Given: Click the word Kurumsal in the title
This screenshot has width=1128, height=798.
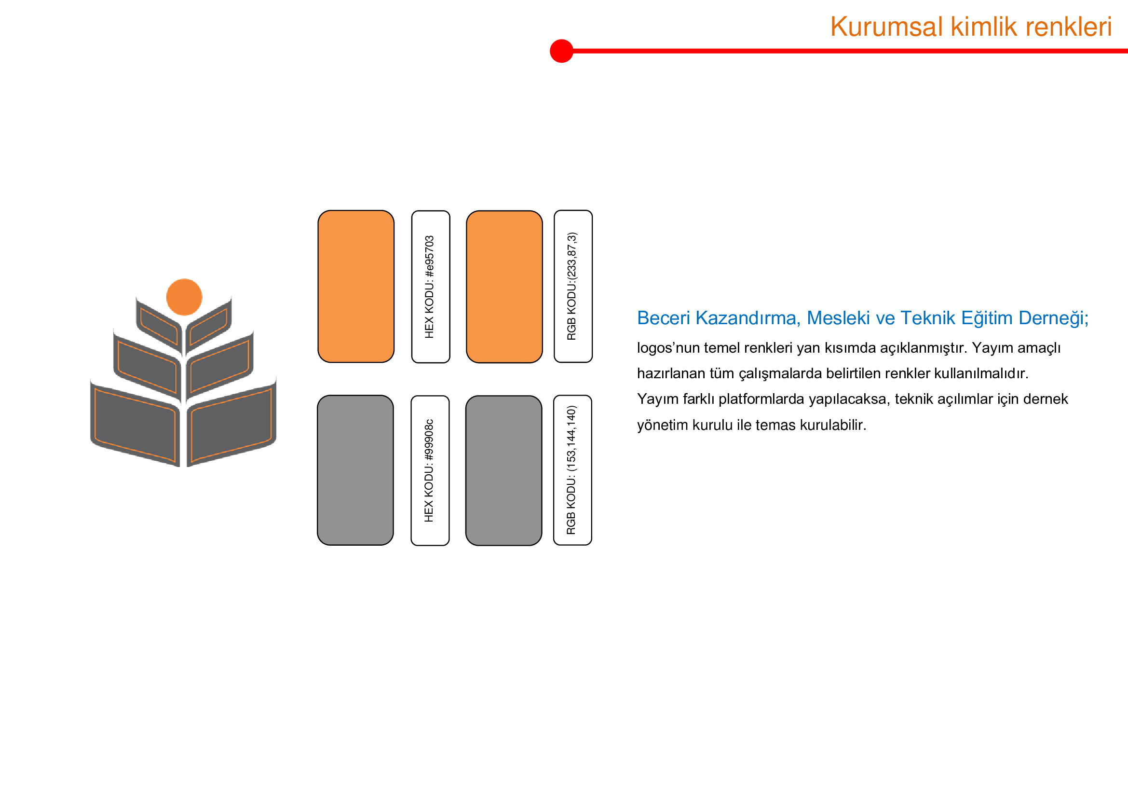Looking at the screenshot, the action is tap(887, 27).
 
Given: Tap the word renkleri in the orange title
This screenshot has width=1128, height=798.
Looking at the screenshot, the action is tap(1068, 27).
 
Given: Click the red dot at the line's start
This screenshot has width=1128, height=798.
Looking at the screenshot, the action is tap(561, 51).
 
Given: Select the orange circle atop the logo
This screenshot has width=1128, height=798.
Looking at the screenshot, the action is tap(184, 297).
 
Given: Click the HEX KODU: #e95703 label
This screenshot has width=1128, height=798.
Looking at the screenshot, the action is tap(429, 287).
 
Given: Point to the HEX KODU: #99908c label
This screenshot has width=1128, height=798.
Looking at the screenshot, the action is tap(429, 471).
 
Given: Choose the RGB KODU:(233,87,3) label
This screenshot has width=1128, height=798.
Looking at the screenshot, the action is tap(572, 287).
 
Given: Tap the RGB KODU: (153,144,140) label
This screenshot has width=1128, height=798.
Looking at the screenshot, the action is tap(571, 470).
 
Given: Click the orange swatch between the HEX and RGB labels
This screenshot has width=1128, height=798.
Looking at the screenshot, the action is tap(504, 287).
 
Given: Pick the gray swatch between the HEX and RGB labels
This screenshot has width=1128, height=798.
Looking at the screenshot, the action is tap(504, 471).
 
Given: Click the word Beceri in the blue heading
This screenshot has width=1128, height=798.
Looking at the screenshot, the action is tap(664, 318).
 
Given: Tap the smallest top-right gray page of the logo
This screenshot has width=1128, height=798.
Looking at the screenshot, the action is tap(209, 326).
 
